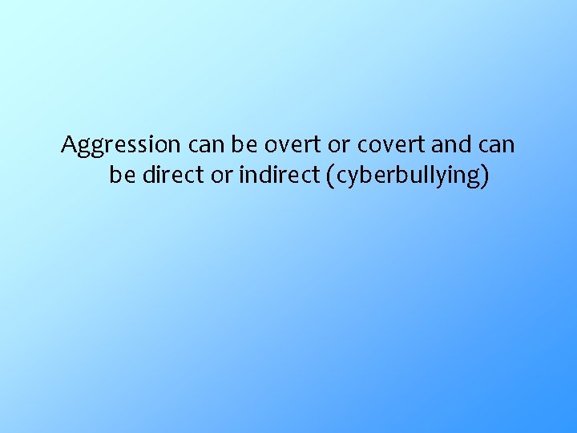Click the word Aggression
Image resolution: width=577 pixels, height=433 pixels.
tap(122, 146)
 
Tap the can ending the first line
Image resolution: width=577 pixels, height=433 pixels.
tap(497, 146)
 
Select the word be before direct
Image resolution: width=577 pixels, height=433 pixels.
tap(122, 175)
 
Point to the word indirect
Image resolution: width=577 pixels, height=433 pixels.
tap(278, 175)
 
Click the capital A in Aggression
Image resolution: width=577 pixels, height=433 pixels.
tap(69, 145)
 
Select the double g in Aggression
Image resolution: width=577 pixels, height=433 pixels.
tap(89, 148)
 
